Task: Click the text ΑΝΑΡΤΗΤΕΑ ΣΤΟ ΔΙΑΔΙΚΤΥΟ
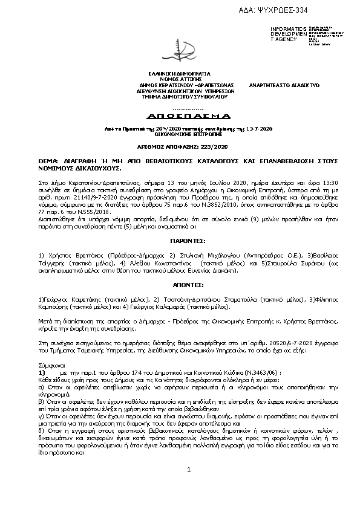(284, 85)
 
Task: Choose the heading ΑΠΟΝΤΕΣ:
(180, 284)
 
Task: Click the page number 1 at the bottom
(189, 487)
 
